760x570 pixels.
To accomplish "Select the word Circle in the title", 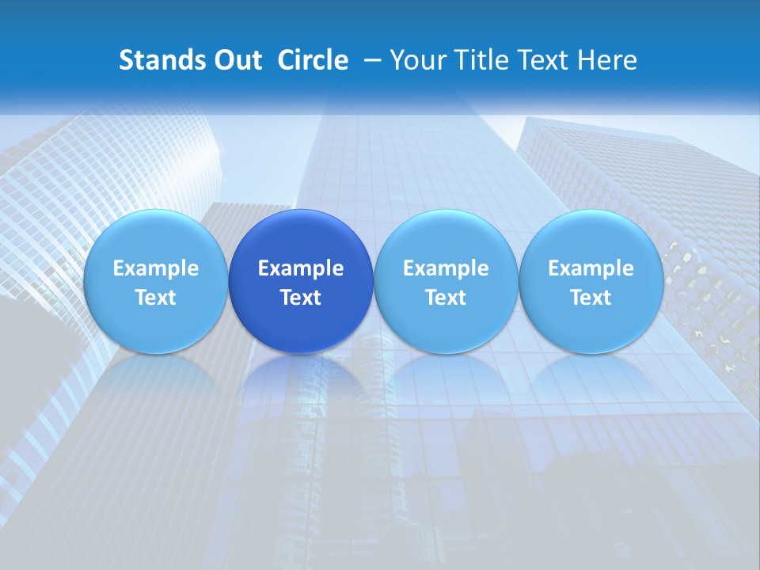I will (313, 60).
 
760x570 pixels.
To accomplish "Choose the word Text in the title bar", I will (545, 60).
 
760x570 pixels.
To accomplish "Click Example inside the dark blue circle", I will (301, 268).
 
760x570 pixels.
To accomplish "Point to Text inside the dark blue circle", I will (301, 298).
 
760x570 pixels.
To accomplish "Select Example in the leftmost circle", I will (155, 268).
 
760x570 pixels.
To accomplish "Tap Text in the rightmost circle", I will (591, 298).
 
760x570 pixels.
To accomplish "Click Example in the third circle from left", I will (446, 268).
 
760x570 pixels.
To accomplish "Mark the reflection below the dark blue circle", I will (301, 380).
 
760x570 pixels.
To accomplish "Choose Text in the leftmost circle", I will (155, 298).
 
